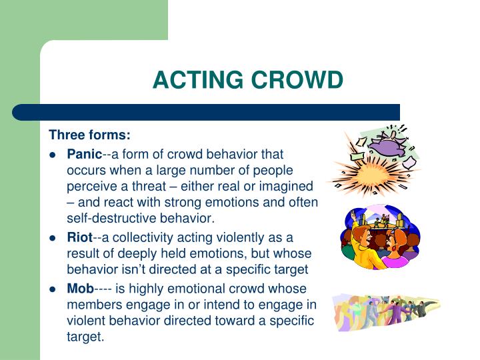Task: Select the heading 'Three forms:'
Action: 90,135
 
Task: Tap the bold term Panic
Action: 85,154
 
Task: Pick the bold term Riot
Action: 79,237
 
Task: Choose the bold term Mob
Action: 80,289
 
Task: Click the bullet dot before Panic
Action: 52,155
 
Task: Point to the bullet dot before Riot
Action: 52,238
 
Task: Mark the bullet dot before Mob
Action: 52,289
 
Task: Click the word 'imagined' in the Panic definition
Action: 289,186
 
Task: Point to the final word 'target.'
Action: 86,337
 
